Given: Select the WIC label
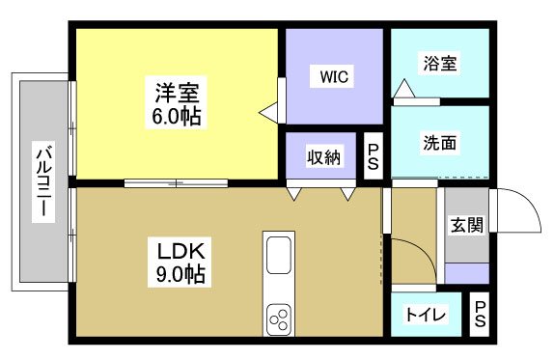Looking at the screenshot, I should [335, 76].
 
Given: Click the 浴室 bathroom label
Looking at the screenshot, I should [439, 64].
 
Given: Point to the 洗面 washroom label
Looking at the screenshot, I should [439, 143].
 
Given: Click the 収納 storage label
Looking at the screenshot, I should [323, 156].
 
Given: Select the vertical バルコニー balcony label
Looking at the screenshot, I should [43, 182].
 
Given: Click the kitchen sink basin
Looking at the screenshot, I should [279, 258].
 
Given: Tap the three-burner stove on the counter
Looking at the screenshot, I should [279, 317].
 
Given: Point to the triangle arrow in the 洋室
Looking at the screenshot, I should [266, 113].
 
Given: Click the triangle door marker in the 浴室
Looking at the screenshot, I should [402, 89].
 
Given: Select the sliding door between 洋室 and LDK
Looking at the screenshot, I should [176, 182].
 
